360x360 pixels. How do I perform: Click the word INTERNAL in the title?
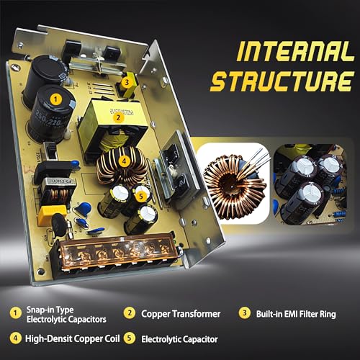(295, 51)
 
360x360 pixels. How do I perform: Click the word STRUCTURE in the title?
(282, 81)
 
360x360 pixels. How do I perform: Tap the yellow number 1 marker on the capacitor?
(55, 99)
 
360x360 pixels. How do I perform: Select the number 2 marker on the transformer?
(118, 117)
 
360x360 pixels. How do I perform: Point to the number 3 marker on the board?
(127, 82)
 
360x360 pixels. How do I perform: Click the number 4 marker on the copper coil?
(124, 161)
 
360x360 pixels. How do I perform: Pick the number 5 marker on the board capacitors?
(141, 196)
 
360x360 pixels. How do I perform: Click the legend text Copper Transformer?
(181, 314)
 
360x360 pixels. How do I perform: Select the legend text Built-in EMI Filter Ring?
(296, 314)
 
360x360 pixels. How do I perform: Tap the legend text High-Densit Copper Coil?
(72, 338)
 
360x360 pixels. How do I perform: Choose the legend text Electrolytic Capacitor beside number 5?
(179, 339)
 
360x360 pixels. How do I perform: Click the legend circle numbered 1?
(16, 313)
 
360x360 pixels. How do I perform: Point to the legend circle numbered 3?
(245, 313)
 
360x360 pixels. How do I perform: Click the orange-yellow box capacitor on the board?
(52, 215)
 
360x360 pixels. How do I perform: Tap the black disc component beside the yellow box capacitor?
(59, 225)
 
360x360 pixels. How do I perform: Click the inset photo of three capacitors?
(310, 184)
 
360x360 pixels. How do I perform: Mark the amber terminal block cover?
(117, 252)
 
